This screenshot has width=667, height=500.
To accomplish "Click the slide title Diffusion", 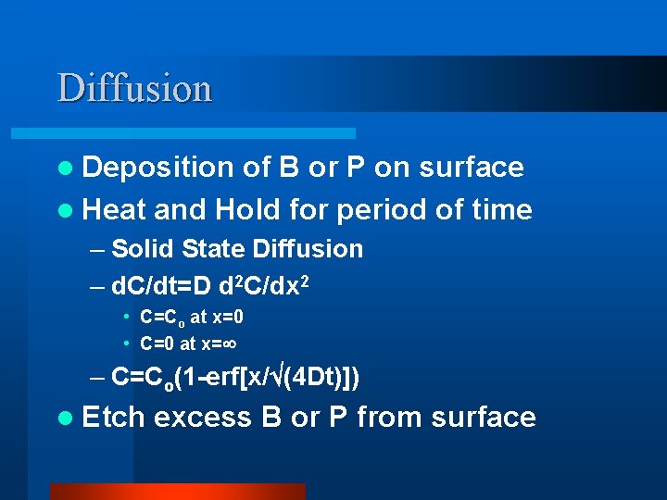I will (135, 89).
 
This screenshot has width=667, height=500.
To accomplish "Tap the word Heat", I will (114, 209).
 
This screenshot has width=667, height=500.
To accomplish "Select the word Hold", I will (245, 209).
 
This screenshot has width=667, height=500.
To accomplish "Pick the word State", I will (212, 248).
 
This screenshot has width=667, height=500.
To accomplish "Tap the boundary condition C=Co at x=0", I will (192, 318).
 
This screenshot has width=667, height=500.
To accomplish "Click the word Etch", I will (113, 417).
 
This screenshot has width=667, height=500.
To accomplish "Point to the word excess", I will (203, 417).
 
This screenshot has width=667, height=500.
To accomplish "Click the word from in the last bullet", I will (390, 417).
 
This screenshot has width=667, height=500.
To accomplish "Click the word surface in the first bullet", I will (472, 167).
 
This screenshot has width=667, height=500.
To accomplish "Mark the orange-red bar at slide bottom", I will (177, 491).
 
